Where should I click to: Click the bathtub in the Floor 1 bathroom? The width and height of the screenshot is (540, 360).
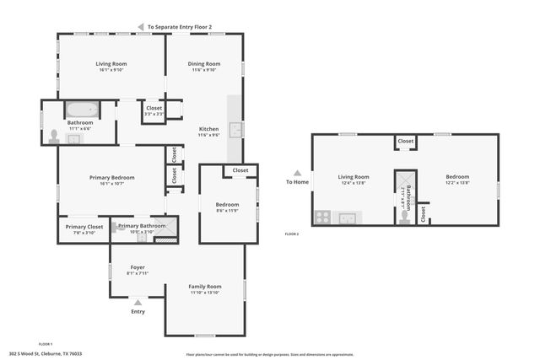pyautogui.click(x=83, y=110)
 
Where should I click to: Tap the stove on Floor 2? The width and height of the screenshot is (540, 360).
pyautogui.click(x=321, y=217)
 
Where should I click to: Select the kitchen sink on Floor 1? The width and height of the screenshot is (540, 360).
pyautogui.click(x=237, y=129)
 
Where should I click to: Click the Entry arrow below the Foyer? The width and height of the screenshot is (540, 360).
pyautogui.click(x=138, y=302)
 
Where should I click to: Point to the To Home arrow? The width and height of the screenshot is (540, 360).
pyautogui.click(x=296, y=173)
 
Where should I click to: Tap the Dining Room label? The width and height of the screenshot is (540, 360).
pyautogui.click(x=203, y=64)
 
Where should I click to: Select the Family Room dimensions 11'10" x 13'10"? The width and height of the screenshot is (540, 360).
pyautogui.click(x=204, y=293)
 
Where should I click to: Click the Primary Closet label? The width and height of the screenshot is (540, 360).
pyautogui.click(x=84, y=226)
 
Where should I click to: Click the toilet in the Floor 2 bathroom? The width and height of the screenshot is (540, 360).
pyautogui.click(x=404, y=217)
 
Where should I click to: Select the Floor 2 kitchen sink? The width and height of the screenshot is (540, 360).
pyautogui.click(x=347, y=218)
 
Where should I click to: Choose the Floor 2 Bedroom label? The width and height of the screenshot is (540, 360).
pyautogui.click(x=458, y=177)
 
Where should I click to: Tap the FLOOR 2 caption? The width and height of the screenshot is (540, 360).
pyautogui.click(x=292, y=233)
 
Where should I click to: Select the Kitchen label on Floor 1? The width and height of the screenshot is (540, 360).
pyautogui.click(x=208, y=129)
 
